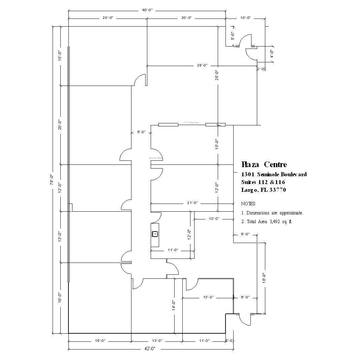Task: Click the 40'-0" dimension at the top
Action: click(x=147, y=10)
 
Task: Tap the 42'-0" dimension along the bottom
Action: click(x=150, y=349)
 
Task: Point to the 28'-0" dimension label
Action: click(x=202, y=65)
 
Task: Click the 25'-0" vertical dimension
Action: click(x=218, y=75)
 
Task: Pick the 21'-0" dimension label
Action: click(x=192, y=203)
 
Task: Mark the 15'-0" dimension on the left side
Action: click(x=60, y=56)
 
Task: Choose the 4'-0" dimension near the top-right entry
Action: click(x=271, y=54)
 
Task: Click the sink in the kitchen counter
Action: click(x=155, y=234)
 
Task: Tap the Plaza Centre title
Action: click(x=264, y=164)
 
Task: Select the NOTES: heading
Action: click(x=248, y=204)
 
